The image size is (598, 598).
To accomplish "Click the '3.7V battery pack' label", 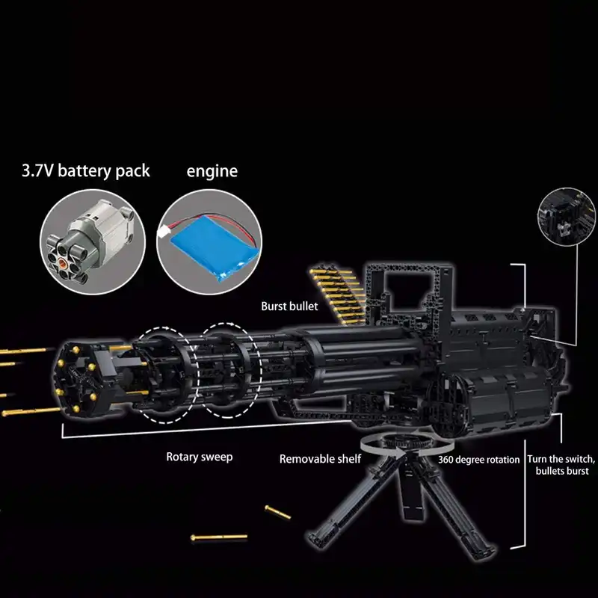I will coord(85,171).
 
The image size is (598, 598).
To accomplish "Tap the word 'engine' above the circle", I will coord(212,171).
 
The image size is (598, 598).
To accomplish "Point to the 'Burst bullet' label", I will coord(290,306).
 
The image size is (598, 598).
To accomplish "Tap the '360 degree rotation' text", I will coord(478,460).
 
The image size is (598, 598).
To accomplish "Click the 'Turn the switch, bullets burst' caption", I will coord(561,465).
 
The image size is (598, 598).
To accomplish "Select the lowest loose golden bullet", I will coord(218,537).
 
